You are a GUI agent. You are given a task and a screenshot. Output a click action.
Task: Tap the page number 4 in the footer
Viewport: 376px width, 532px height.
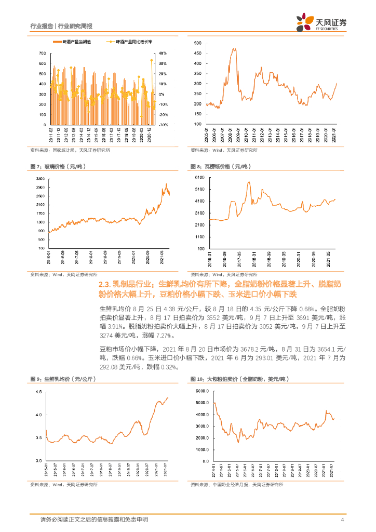point(343,520)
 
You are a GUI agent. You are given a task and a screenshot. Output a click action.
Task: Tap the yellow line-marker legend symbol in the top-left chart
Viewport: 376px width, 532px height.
point(109,41)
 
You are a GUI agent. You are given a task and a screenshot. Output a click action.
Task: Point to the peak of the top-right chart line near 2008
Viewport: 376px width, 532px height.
point(234,49)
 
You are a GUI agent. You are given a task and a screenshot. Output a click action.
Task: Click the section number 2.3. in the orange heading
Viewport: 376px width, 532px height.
point(106,285)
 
